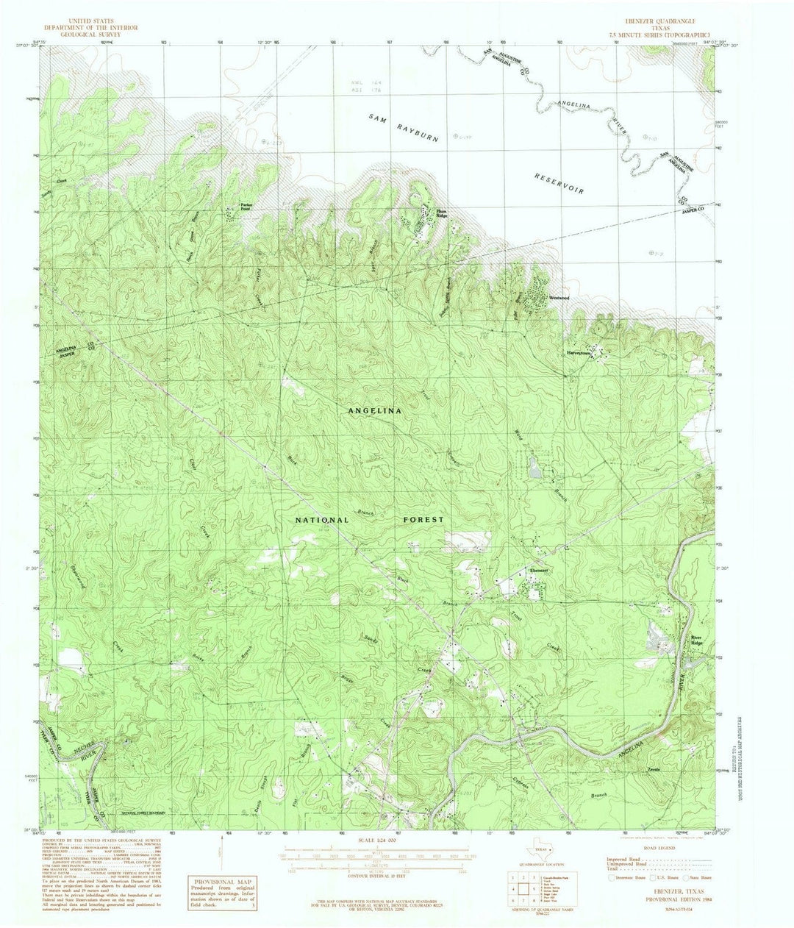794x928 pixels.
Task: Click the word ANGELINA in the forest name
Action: tap(374, 411)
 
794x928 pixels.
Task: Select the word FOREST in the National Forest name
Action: tap(423, 519)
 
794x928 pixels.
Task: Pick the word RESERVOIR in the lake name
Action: tap(559, 184)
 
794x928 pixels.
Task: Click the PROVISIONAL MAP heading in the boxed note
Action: tap(219, 882)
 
